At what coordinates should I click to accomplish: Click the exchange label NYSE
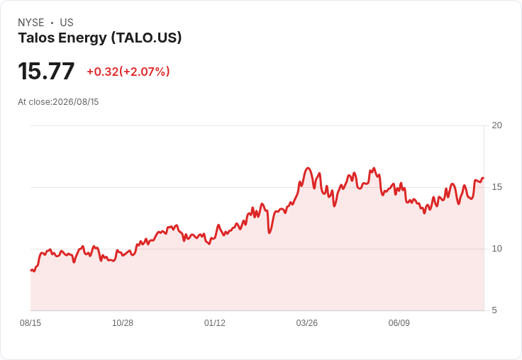tap(31, 23)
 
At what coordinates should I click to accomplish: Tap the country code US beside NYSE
tap(67, 23)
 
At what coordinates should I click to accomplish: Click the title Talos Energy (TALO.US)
tap(100, 38)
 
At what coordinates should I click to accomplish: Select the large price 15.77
tap(46, 71)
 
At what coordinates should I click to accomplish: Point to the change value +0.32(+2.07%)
tap(128, 72)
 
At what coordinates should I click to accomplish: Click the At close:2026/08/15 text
tap(58, 102)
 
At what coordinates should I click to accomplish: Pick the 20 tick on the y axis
tap(496, 125)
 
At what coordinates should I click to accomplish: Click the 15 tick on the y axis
tap(496, 187)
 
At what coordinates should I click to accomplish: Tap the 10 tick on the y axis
tap(496, 249)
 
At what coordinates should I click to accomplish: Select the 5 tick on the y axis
tap(494, 310)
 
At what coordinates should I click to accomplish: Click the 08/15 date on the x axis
tap(30, 322)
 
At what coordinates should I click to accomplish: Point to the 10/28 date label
tap(123, 322)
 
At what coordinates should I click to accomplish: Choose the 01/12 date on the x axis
tap(215, 322)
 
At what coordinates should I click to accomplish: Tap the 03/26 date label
tap(307, 322)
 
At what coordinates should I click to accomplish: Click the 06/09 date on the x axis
tap(399, 322)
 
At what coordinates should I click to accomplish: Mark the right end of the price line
tap(484, 178)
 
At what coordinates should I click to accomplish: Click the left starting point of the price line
tap(31, 271)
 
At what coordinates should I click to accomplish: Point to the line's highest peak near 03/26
tap(308, 168)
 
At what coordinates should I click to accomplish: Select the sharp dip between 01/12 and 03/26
tap(270, 232)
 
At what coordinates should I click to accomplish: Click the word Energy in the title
tap(82, 38)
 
